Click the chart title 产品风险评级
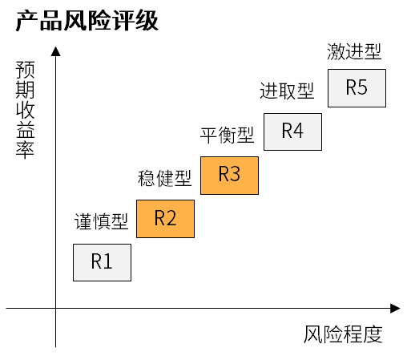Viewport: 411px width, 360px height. click(x=87, y=21)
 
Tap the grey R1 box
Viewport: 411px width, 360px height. click(x=102, y=262)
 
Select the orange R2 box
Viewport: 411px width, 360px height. click(x=165, y=219)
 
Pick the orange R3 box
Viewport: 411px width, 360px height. click(x=229, y=176)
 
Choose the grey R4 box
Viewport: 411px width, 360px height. click(x=292, y=131)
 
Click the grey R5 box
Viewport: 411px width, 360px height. click(x=357, y=88)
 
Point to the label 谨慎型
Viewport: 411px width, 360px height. click(x=101, y=221)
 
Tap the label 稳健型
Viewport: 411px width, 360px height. click(x=164, y=178)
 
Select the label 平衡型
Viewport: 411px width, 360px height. click(x=227, y=135)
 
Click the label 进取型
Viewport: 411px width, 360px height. click(x=287, y=91)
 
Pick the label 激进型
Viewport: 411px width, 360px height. click(x=354, y=51)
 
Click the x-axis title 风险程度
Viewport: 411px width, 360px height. click(x=343, y=334)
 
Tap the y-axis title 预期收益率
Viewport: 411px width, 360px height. click(x=25, y=110)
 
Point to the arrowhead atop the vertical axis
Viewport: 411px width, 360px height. click(x=55, y=51)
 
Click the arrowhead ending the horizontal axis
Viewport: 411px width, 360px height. click(x=395, y=308)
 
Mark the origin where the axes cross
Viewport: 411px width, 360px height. click(x=55, y=308)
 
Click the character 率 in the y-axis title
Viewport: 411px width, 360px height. click(x=25, y=150)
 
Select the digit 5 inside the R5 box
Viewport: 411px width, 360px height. click(x=362, y=87)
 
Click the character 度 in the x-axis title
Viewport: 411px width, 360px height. click(x=373, y=334)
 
